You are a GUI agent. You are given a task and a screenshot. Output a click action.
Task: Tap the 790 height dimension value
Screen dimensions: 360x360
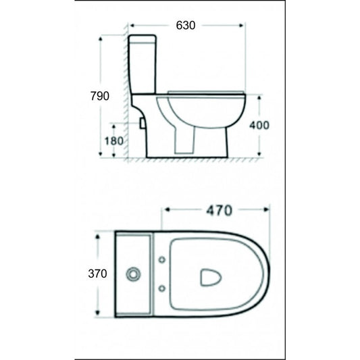(x=99, y=96)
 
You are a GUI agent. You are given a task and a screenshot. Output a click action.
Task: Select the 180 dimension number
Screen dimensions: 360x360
(x=114, y=141)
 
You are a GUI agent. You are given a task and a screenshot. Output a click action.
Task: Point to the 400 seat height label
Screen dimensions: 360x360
(x=259, y=125)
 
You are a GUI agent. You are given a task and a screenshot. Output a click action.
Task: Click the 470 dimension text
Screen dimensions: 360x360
(x=217, y=211)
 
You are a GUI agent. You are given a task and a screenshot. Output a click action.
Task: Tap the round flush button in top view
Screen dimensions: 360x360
(x=134, y=274)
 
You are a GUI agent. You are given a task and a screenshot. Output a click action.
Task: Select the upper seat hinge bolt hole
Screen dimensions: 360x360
(x=163, y=259)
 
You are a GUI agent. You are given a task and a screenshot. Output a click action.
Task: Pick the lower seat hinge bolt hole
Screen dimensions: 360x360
(x=163, y=289)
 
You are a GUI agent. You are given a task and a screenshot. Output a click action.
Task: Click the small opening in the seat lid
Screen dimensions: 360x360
(x=211, y=276)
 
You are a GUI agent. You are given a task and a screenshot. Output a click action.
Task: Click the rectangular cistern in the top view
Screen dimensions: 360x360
(x=135, y=274)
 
